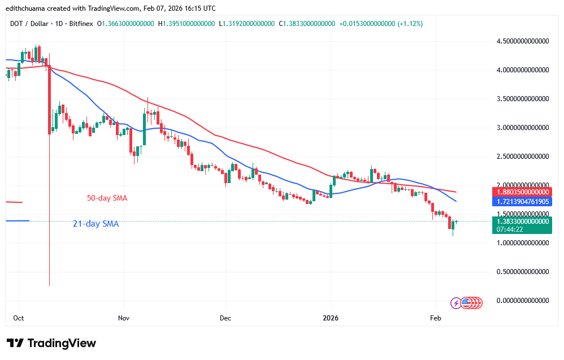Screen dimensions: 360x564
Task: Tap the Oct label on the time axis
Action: (19, 318)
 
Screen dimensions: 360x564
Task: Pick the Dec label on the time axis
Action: (225, 318)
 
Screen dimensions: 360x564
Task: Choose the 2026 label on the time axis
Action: (330, 318)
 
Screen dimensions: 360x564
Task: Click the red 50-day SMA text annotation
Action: (107, 198)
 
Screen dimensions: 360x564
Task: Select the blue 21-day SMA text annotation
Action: (96, 224)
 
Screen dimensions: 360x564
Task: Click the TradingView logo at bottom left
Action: (51, 343)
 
